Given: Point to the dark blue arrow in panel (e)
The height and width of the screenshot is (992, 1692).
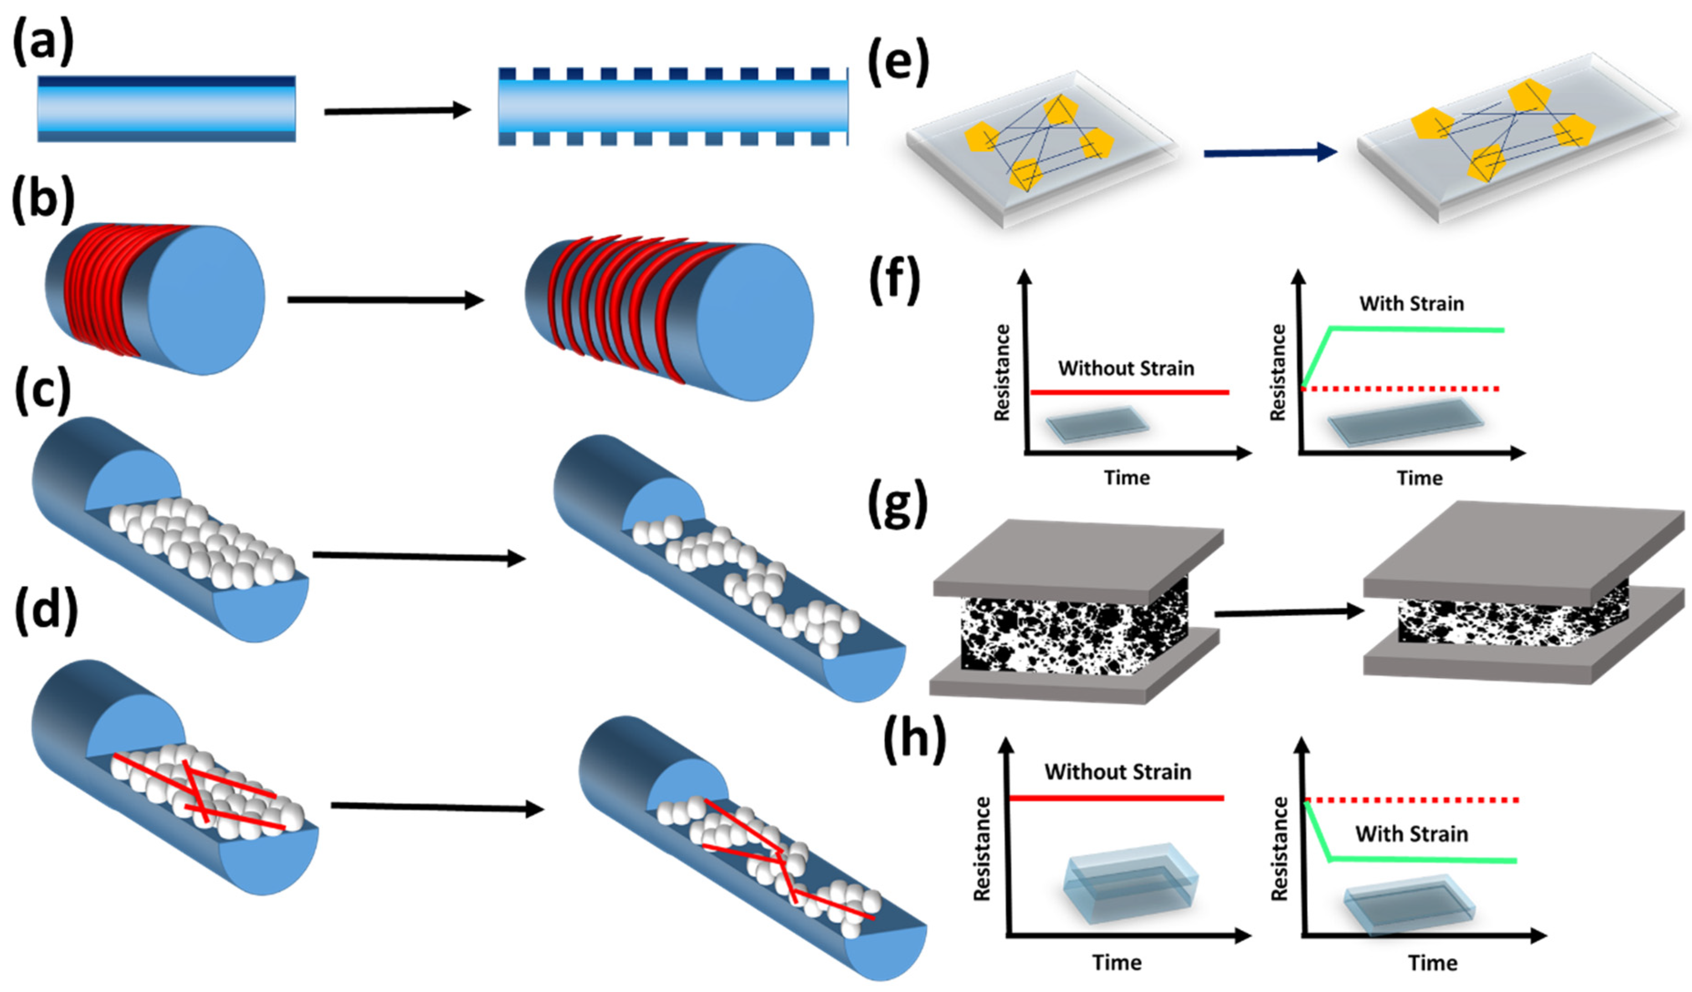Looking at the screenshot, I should click(1269, 153).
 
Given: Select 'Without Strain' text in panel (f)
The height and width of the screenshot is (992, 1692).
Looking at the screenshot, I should click(1126, 368).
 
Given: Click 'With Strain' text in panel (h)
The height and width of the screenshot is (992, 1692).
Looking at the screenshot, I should click(1411, 834).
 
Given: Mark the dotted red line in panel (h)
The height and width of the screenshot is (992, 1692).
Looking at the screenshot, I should click(1410, 800).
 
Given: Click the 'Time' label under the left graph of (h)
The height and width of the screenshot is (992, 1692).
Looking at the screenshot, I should click(1117, 962).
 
